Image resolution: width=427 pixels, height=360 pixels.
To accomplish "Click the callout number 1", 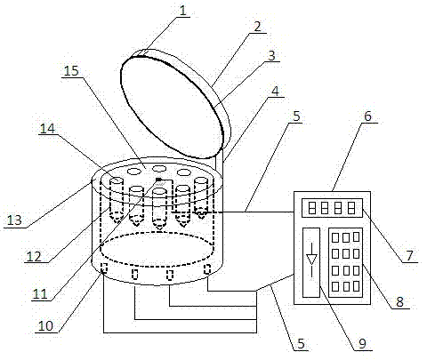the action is click(x=183, y=11).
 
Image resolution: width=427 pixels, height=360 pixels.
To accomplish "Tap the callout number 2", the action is click(x=257, y=27).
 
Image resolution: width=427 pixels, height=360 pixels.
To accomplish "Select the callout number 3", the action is click(x=271, y=55).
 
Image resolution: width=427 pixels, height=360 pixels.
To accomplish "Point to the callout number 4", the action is click(x=276, y=91).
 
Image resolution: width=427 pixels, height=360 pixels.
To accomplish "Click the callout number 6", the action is click(x=367, y=116).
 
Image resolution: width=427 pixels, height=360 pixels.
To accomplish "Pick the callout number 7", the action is click(x=409, y=256).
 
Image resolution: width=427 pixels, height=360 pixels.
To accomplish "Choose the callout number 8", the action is click(x=399, y=302).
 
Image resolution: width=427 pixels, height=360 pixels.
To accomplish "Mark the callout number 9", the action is click(x=362, y=344).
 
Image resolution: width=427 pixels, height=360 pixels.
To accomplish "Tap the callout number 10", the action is click(x=45, y=326).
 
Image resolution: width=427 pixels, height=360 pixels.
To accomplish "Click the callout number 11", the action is click(x=40, y=294).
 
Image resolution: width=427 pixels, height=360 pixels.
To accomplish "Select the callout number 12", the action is click(x=34, y=256).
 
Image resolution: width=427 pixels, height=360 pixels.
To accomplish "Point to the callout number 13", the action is click(x=14, y=220).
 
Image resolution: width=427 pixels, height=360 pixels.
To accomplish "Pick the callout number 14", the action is click(x=47, y=128).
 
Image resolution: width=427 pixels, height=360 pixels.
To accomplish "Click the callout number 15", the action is click(x=71, y=71).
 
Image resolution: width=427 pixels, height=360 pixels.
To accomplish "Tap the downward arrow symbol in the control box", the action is click(x=311, y=260).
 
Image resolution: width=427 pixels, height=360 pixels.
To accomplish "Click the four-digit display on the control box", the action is click(x=332, y=208).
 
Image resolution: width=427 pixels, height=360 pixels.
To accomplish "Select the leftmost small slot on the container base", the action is click(x=104, y=268).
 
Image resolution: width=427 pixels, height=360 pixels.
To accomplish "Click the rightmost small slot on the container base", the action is click(x=207, y=269).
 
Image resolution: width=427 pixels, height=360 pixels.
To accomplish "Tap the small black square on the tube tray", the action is click(x=159, y=180).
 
